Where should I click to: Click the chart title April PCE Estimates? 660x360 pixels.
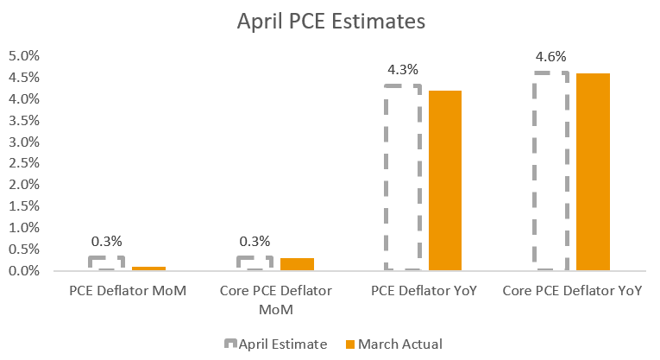click(331, 22)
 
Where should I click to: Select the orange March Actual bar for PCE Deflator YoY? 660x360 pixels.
click(444, 180)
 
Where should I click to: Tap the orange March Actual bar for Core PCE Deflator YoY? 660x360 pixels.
click(593, 172)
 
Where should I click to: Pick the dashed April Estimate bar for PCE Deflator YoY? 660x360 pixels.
click(402, 178)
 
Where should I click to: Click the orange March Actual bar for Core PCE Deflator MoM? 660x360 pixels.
click(296, 264)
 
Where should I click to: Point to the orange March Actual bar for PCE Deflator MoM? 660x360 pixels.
click(148, 268)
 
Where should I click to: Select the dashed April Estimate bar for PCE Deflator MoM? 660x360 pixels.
click(107, 263)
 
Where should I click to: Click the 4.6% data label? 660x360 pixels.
click(550, 56)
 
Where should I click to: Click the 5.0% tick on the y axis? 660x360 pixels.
click(24, 56)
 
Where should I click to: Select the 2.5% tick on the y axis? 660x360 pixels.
click(24, 163)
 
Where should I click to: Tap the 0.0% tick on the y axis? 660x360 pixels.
click(24, 270)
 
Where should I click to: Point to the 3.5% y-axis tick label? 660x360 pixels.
click(24, 120)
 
